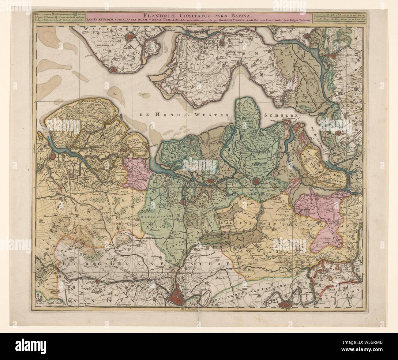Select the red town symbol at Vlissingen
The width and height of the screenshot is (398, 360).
pos(114,70)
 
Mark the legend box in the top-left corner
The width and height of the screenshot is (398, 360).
pos(58,18)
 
